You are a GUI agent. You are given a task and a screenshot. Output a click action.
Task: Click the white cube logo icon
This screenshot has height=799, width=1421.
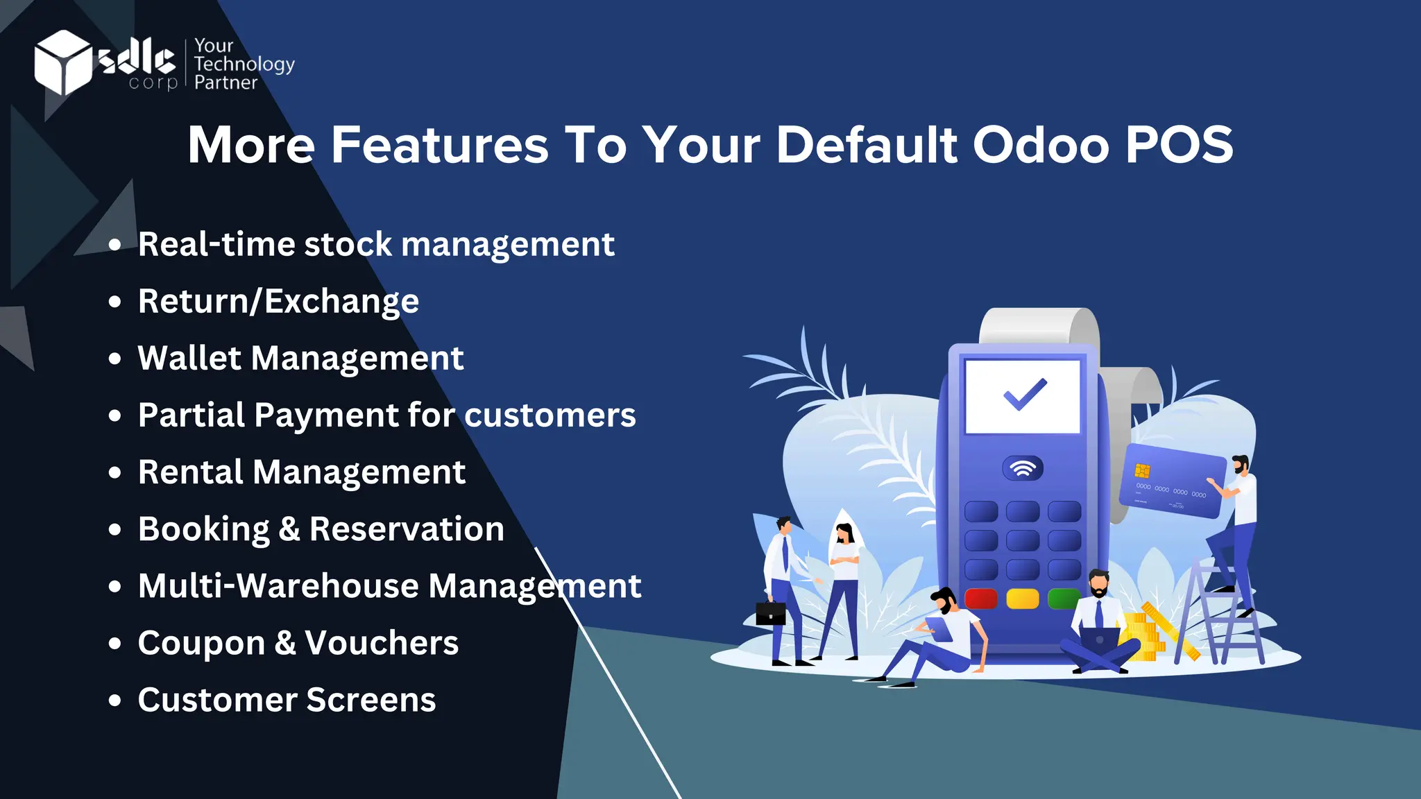point(62,62)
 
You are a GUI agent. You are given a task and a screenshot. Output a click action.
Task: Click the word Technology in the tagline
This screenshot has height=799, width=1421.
point(244,64)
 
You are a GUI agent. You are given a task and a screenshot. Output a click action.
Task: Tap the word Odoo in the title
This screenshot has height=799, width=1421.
point(1041,145)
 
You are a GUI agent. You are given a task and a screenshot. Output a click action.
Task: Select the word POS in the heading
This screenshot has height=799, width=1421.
point(1179,145)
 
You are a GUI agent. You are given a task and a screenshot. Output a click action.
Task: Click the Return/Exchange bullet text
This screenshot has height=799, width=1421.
point(278,302)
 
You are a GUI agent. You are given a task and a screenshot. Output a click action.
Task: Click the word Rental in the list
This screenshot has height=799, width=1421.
point(190,472)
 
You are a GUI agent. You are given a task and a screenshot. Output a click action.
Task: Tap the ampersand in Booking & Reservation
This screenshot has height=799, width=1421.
point(289,529)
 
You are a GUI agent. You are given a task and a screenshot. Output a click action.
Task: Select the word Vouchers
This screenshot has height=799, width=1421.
point(382,643)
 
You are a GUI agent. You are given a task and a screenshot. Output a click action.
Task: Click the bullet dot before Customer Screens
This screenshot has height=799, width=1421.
point(115,700)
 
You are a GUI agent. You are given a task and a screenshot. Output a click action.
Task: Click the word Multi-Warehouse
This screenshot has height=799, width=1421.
point(278,586)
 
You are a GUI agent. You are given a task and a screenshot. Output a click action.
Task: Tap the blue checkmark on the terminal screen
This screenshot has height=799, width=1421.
point(1025,394)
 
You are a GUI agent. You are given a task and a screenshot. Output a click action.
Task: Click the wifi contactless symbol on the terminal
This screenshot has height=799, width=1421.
point(1023,469)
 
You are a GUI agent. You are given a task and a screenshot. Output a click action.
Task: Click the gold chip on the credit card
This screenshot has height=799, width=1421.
point(1142,471)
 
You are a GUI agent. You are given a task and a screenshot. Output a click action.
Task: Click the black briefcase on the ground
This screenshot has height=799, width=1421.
point(770,613)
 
